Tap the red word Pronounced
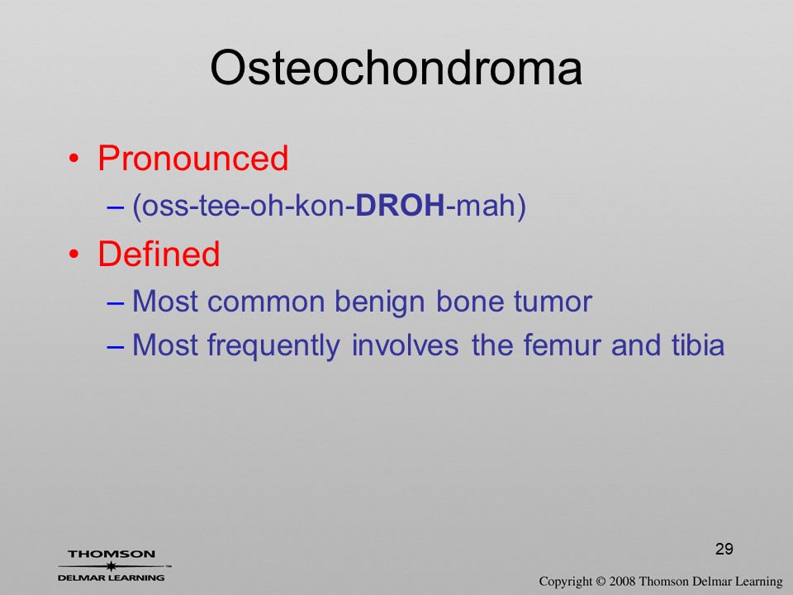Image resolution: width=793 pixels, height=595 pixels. pos(192,158)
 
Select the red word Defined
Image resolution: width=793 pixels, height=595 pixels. pos(159,254)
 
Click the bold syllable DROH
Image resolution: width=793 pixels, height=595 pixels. pos(400,206)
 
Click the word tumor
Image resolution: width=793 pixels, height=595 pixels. pos(553,302)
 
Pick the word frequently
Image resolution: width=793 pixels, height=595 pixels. pos(273,346)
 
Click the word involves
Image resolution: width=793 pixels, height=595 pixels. pos(405,345)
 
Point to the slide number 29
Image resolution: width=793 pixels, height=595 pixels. pos(724,549)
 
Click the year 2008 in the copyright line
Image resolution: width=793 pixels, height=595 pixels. pos(622,581)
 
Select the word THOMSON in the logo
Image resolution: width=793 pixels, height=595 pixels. pos(112,554)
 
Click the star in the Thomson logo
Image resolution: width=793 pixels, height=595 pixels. pos(111,566)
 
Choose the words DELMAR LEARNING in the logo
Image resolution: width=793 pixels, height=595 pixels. pos(112,578)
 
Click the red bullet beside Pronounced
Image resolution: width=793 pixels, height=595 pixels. pos(74,159)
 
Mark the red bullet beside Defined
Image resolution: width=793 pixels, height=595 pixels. pos(74,254)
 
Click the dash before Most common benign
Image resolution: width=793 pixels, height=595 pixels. pos(115,303)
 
